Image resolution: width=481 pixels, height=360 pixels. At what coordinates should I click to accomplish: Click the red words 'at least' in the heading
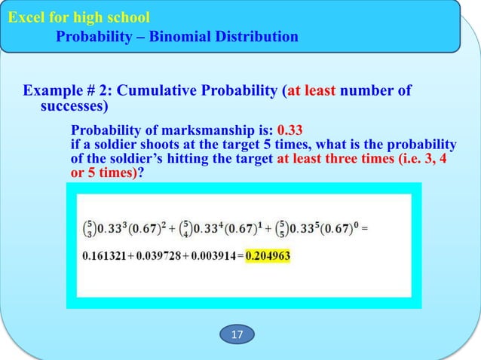pyautogui.click(x=312, y=92)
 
